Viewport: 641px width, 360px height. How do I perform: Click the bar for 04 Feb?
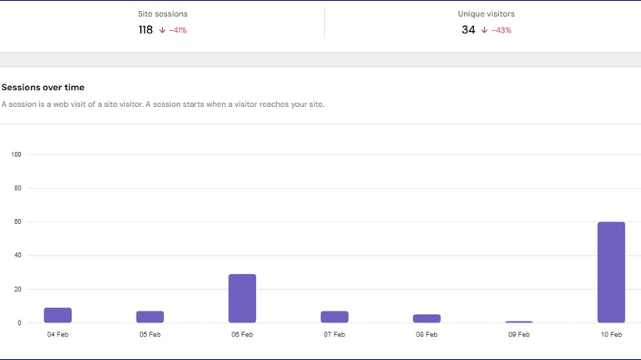(x=58, y=315)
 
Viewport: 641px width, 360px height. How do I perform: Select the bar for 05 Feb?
(x=150, y=317)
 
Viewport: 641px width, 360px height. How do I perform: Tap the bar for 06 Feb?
(x=242, y=298)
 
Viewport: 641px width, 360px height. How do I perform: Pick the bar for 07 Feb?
(x=335, y=317)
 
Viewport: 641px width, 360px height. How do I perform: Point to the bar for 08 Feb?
(x=426, y=318)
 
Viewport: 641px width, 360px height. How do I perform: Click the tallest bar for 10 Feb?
(x=611, y=272)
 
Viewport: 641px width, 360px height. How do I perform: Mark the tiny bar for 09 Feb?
(x=519, y=322)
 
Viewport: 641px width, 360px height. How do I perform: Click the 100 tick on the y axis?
(x=16, y=155)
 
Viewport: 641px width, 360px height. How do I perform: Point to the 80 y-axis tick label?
(x=18, y=189)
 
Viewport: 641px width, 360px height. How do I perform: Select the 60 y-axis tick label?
(x=18, y=222)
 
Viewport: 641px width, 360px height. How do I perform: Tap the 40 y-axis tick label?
(x=18, y=256)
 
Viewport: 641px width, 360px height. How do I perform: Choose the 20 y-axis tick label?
(x=18, y=289)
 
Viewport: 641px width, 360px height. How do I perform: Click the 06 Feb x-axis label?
(x=242, y=334)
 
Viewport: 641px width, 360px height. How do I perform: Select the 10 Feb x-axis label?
(x=611, y=334)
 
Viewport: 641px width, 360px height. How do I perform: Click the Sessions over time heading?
(x=43, y=88)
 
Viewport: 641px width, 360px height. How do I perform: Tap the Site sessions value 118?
(x=146, y=30)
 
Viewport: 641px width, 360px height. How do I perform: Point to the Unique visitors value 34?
(x=468, y=30)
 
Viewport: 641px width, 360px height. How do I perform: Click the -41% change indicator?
(x=174, y=30)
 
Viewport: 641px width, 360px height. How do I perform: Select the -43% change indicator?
(x=497, y=30)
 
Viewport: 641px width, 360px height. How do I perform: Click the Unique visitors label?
(x=486, y=14)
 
